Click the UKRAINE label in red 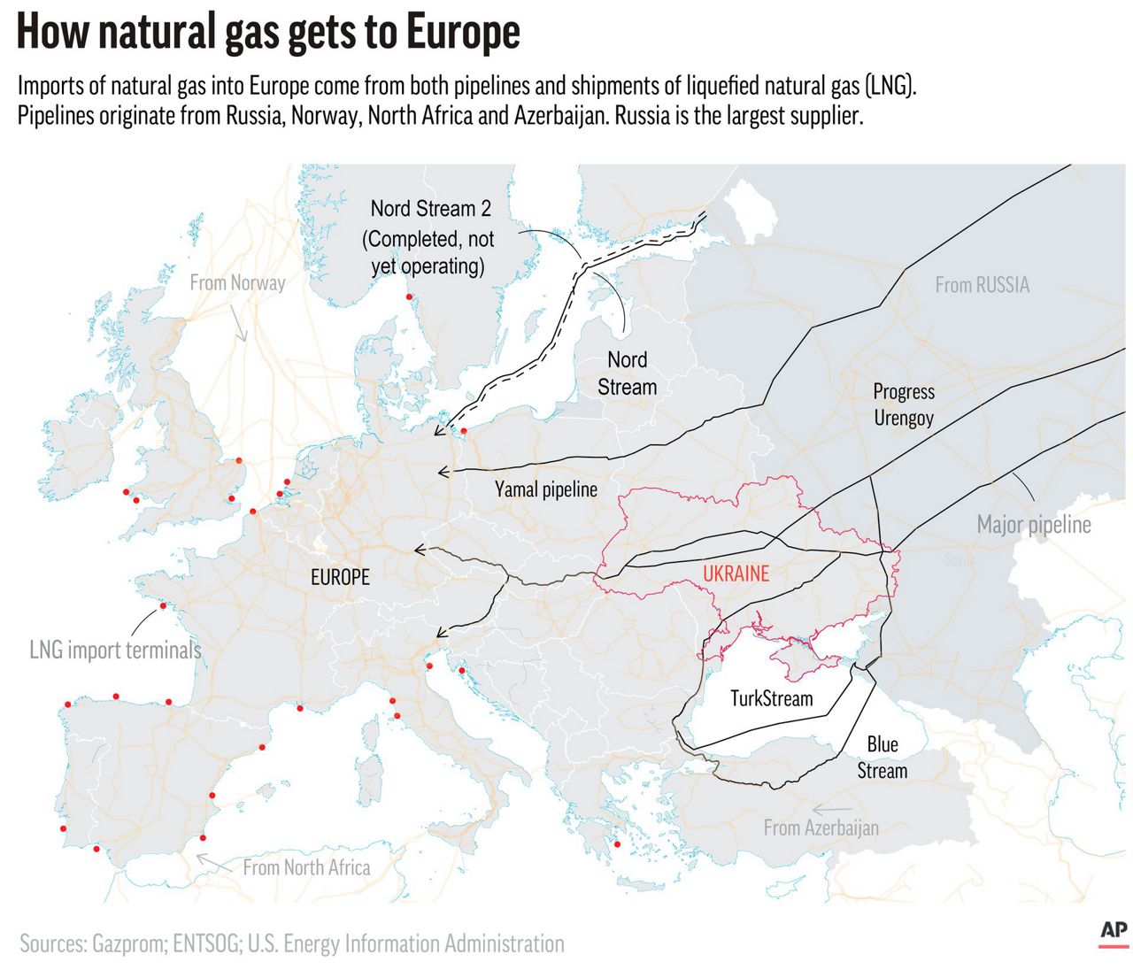(736, 574)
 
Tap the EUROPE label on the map (340, 577)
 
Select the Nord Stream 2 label (430, 209)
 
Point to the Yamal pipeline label (545, 489)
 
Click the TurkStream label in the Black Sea (771, 698)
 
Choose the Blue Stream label (882, 758)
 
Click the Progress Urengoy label (904, 404)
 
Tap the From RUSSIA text (982, 285)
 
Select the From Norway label (237, 282)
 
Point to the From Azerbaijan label (821, 828)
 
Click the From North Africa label (306, 867)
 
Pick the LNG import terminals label (115, 651)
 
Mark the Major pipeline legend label (1033, 525)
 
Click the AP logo (1113, 931)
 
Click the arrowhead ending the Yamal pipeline (442, 472)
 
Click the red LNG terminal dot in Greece (617, 844)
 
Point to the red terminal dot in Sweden (409, 297)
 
